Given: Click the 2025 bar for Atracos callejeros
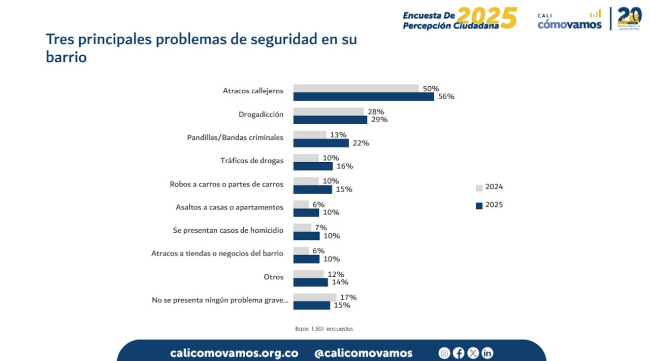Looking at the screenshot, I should [x=364, y=96].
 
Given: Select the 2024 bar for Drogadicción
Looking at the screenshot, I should [x=329, y=112].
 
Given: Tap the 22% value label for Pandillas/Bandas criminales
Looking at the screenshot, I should [x=361, y=143].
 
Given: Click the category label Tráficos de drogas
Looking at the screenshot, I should [x=252, y=161].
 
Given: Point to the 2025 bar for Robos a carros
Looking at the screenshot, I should [x=313, y=189].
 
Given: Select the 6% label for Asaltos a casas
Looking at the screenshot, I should [x=319, y=204].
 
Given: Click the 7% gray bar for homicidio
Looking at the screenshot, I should [x=303, y=228].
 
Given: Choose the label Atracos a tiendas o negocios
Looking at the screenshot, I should [x=217, y=254].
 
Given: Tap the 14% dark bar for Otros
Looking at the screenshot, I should [x=311, y=282].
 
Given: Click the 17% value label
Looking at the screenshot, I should [x=348, y=297].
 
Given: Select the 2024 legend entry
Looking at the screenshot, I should [x=490, y=187].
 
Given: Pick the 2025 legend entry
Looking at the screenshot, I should [x=490, y=205].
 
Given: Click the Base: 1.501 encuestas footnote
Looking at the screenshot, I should [x=324, y=329].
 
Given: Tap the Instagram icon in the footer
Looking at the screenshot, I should [x=444, y=353].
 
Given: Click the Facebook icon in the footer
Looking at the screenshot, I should [x=459, y=353].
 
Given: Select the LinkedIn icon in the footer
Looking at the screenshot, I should [x=487, y=353].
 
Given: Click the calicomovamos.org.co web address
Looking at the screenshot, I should [x=234, y=353].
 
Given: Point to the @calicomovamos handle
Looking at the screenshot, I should [x=364, y=353].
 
